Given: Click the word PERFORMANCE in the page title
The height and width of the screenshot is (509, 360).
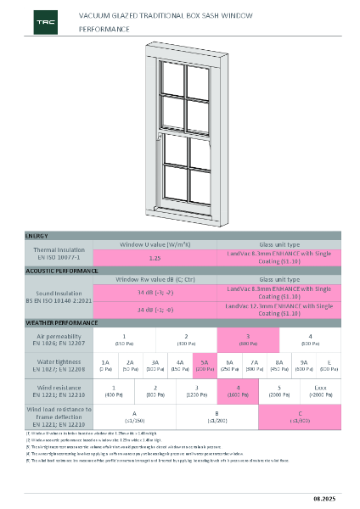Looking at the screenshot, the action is click(104, 29).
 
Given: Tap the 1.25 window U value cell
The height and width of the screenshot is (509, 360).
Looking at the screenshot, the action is click(155, 256).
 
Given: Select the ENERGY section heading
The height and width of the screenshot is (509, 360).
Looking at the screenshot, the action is click(37, 234).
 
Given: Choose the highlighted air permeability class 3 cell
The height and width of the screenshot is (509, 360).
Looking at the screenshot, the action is click(247, 339).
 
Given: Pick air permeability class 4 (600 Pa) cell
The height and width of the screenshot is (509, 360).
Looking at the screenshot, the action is click(311, 339).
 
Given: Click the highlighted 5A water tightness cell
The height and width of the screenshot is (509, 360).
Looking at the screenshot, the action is click(205, 365).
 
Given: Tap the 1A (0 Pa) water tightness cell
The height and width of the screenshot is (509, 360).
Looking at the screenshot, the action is click(104, 365).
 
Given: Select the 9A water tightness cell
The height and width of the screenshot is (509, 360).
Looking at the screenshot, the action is click(304, 365).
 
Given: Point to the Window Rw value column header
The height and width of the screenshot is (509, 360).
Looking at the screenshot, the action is click(155, 279).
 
